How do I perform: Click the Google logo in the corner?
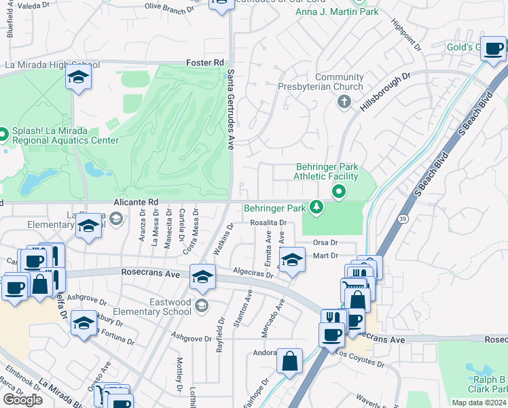(22, 399)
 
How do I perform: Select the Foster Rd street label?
(205, 63)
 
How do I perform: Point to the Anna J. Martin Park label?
(336, 11)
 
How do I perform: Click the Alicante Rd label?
(135, 202)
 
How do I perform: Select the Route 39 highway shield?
(402, 218)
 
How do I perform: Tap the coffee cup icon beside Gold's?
(494, 48)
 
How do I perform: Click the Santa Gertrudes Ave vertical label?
(231, 109)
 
